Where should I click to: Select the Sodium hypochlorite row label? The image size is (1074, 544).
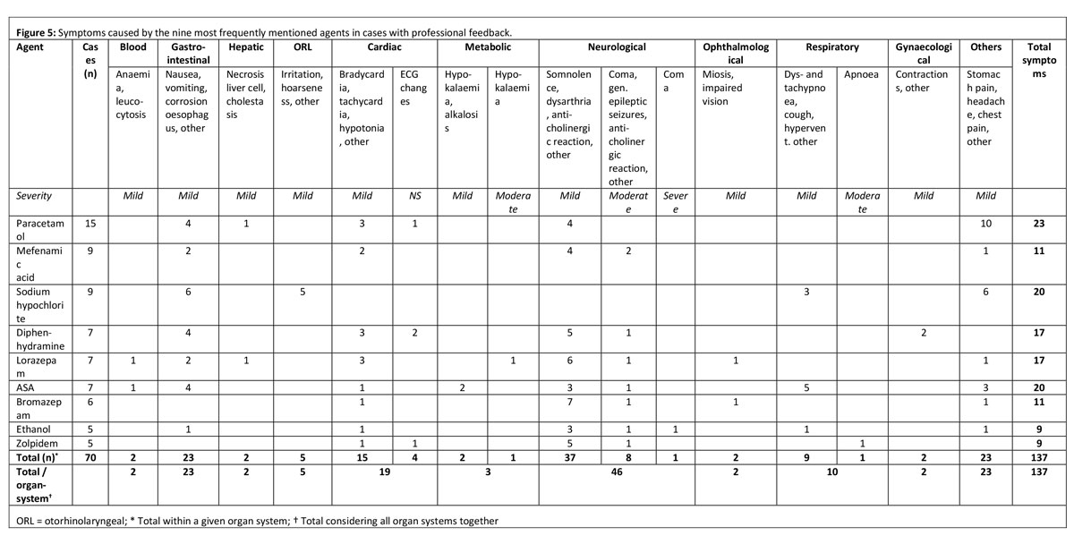point(41,304)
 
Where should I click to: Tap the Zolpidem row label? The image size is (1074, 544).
point(34,444)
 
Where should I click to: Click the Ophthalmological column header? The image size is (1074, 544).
point(735,53)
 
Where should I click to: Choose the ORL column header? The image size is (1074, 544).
point(301,47)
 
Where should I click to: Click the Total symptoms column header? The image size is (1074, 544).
point(1040,60)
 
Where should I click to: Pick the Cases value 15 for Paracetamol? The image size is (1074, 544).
point(91,223)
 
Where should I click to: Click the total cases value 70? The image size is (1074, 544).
point(91,458)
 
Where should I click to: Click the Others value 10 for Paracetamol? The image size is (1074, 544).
point(985,223)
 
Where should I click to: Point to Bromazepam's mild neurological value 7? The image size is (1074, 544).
point(569,404)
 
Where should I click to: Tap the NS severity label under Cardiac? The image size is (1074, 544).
point(414,195)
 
